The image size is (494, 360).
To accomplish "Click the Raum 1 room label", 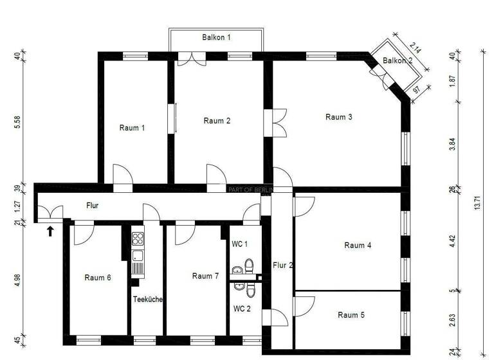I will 132,127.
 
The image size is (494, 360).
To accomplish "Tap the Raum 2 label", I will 217,121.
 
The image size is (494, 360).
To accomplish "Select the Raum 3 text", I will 339,117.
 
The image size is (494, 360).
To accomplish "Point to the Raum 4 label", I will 358,245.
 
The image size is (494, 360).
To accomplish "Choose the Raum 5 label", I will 351,315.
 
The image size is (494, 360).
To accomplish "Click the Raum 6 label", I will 98,278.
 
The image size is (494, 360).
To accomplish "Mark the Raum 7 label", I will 206,276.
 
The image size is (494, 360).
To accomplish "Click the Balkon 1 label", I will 216,38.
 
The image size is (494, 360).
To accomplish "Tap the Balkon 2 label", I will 397,60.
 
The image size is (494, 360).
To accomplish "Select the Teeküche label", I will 148,299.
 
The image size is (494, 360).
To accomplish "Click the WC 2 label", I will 241,309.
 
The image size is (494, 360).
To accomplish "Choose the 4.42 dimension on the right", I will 452,241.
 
